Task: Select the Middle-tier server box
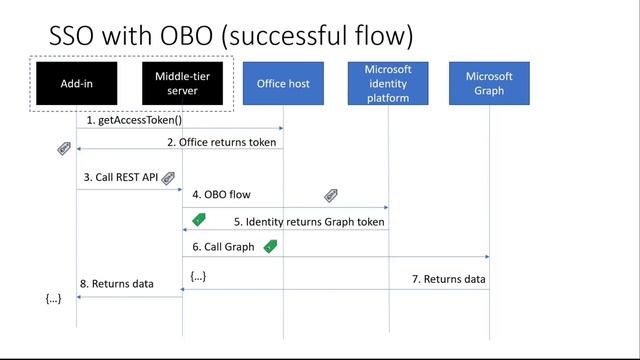pyautogui.click(x=182, y=83)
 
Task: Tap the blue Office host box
pyautogui.click(x=283, y=83)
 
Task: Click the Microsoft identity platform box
pyautogui.click(x=388, y=83)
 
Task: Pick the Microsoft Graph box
pyautogui.click(x=489, y=83)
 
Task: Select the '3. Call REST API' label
pyautogui.click(x=121, y=177)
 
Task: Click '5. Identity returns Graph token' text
pyautogui.click(x=309, y=220)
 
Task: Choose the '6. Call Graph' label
pyautogui.click(x=226, y=246)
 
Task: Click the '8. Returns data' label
pyautogui.click(x=116, y=284)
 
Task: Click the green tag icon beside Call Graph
pyautogui.click(x=269, y=245)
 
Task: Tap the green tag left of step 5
pyautogui.click(x=198, y=219)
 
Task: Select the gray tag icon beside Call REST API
pyautogui.click(x=168, y=178)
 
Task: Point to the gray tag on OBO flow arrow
pyautogui.click(x=331, y=196)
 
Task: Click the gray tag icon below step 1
pyautogui.click(x=64, y=149)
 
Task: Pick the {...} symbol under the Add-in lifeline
pyautogui.click(x=54, y=299)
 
